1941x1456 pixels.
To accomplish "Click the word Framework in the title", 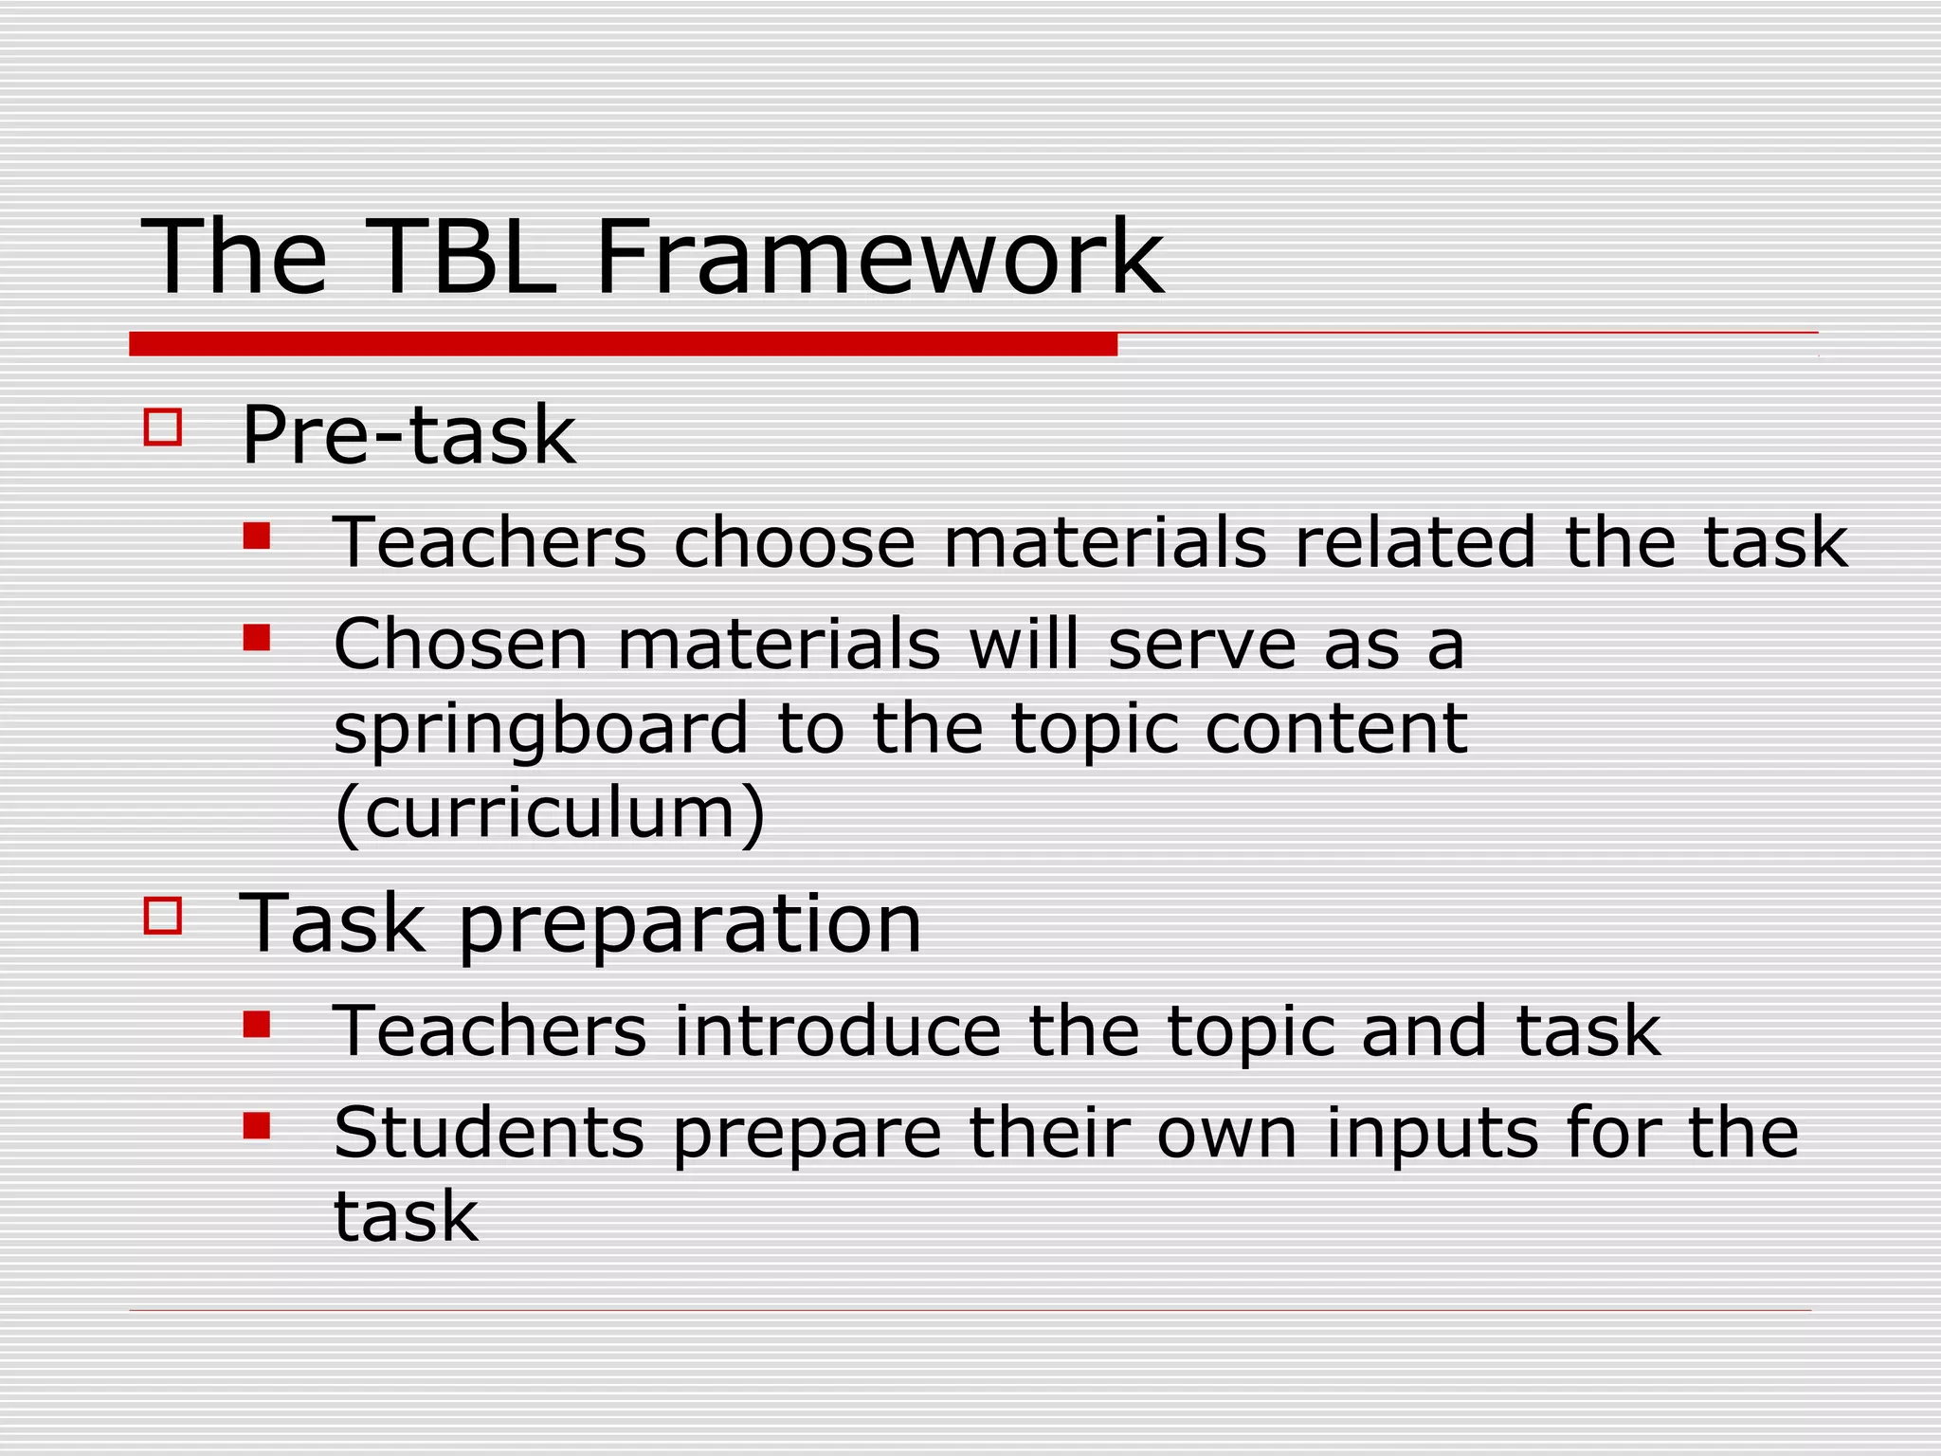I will pyautogui.click(x=880, y=258).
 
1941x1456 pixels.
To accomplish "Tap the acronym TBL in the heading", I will pyautogui.click(x=462, y=258).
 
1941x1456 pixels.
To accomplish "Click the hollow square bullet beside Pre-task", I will pyautogui.click(x=163, y=428).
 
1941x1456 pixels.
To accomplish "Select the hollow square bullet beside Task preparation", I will pyautogui.click(x=163, y=917).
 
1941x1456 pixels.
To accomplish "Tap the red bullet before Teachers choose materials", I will pyautogui.click(x=257, y=537).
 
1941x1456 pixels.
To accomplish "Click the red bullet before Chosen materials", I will pyautogui.click(x=257, y=638).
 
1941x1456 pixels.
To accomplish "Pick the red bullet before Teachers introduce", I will pyautogui.click(x=257, y=1025).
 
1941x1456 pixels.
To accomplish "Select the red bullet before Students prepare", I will pyautogui.click(x=257, y=1126).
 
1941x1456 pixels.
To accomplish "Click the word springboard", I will pyautogui.click(x=541, y=731).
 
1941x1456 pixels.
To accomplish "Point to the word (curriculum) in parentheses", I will pyautogui.click(x=550, y=814).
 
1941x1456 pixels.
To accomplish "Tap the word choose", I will pyautogui.click(x=794, y=542).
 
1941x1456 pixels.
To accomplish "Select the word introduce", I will pyautogui.click(x=837, y=1031).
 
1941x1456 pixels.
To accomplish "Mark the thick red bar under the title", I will pyautogui.click(x=623, y=344).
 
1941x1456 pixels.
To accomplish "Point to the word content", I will pyautogui.click(x=1336, y=729).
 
